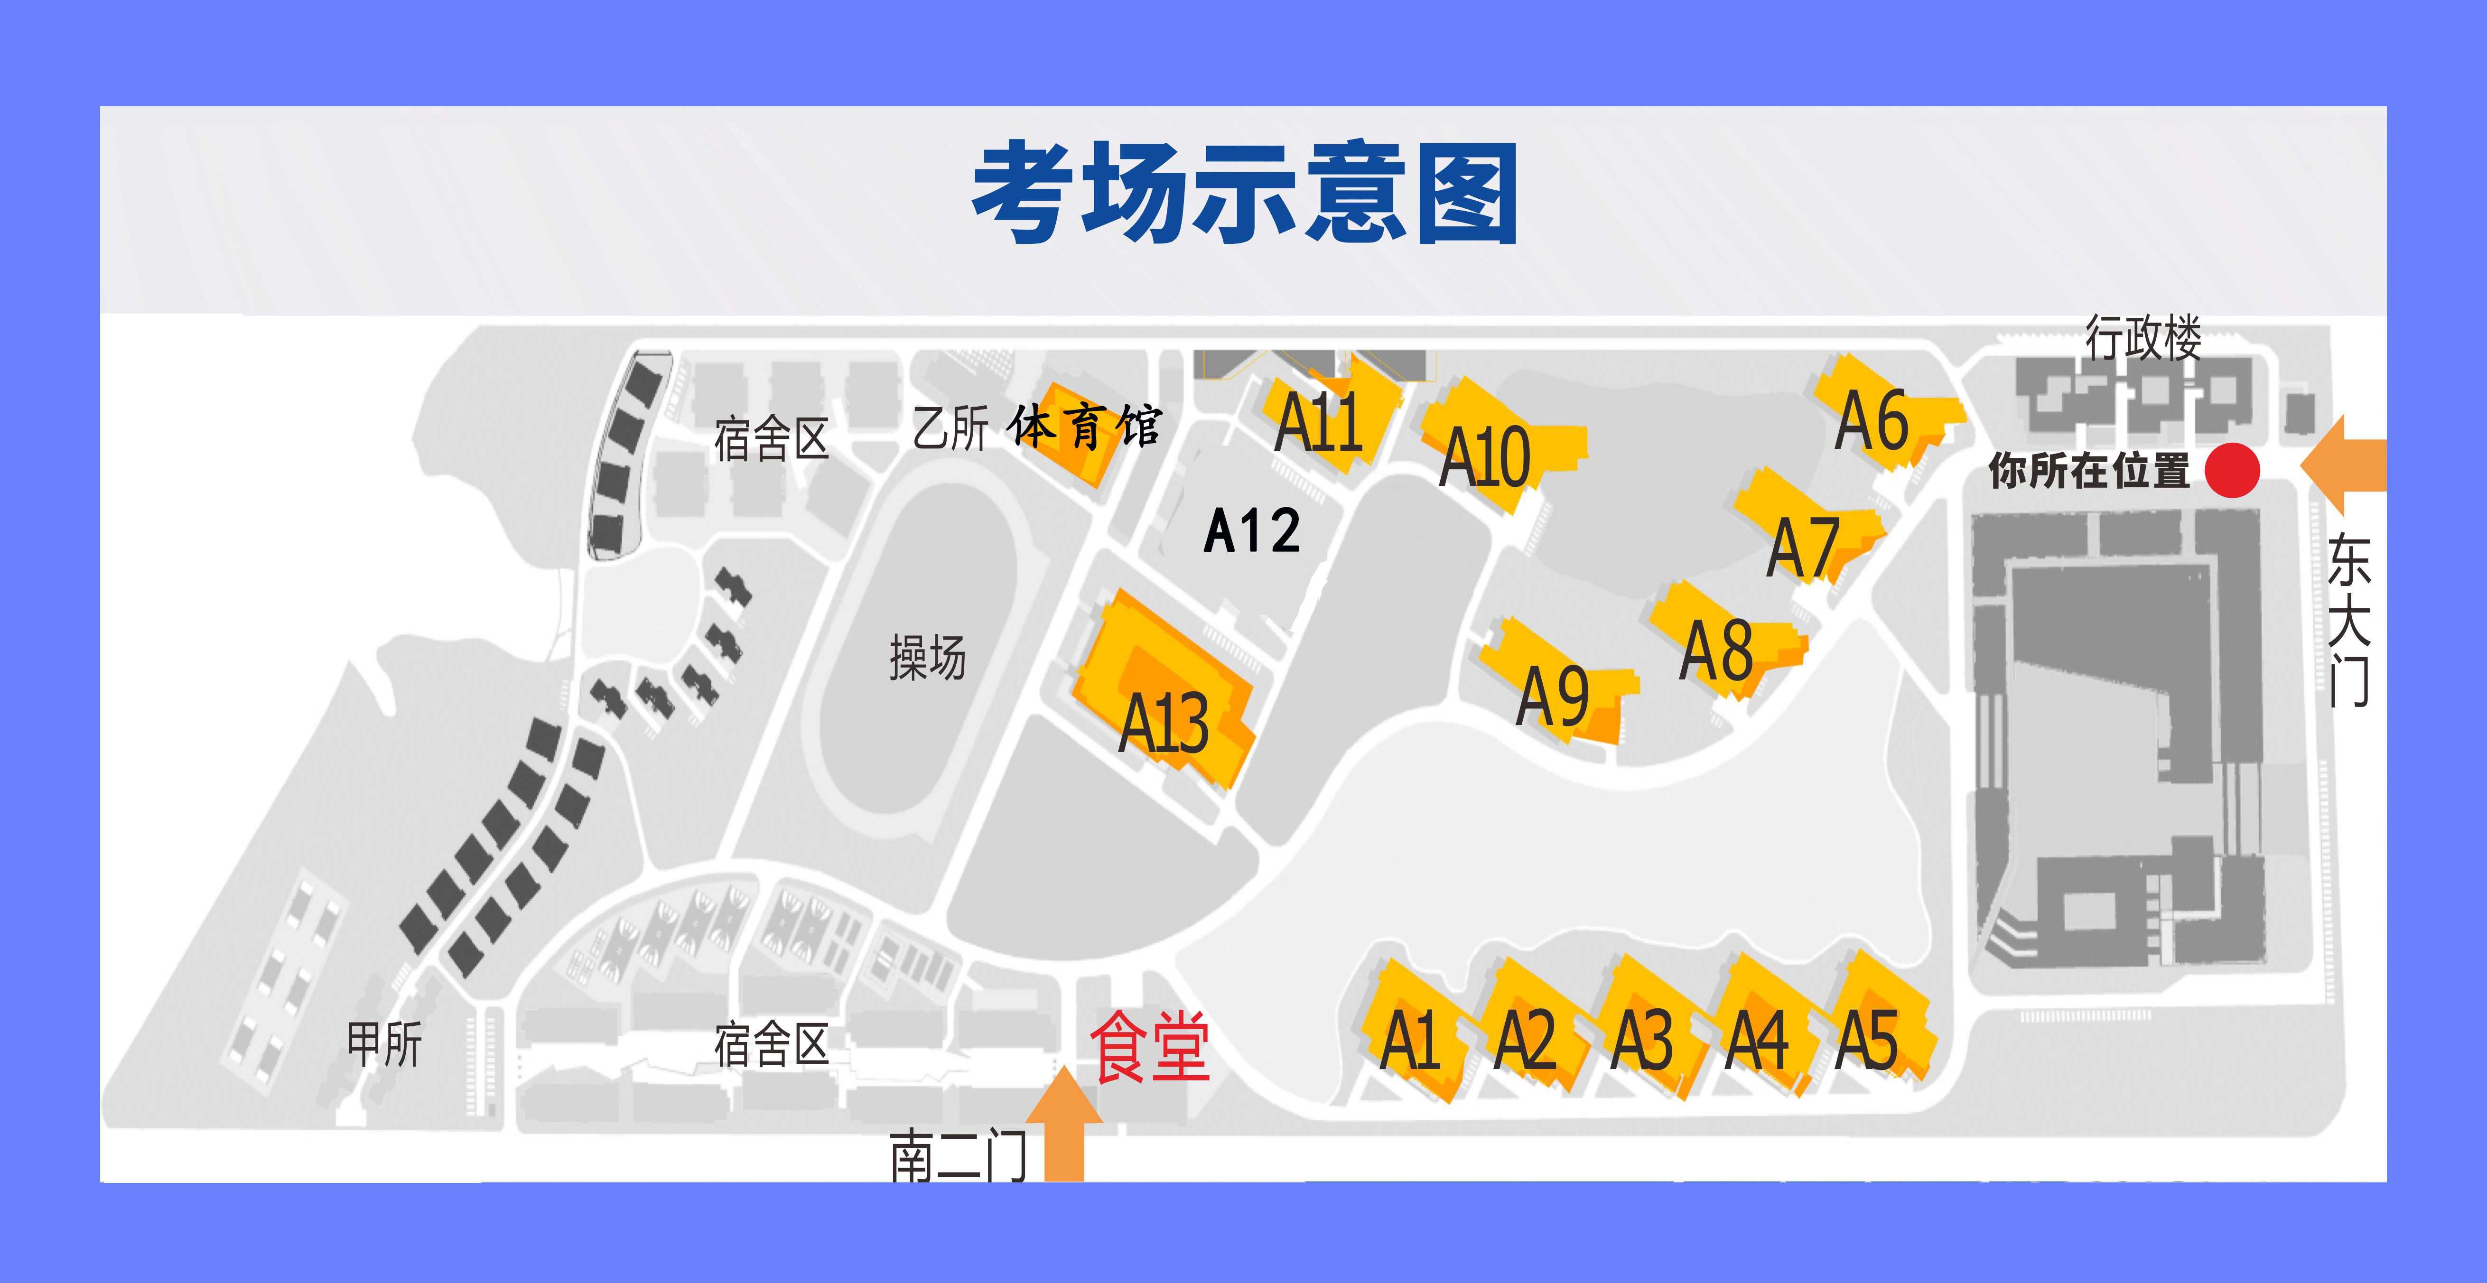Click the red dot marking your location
coord(2232,470)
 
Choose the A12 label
coord(1252,531)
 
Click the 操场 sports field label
coord(927,659)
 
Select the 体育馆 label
coord(1083,427)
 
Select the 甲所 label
coord(384,1044)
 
